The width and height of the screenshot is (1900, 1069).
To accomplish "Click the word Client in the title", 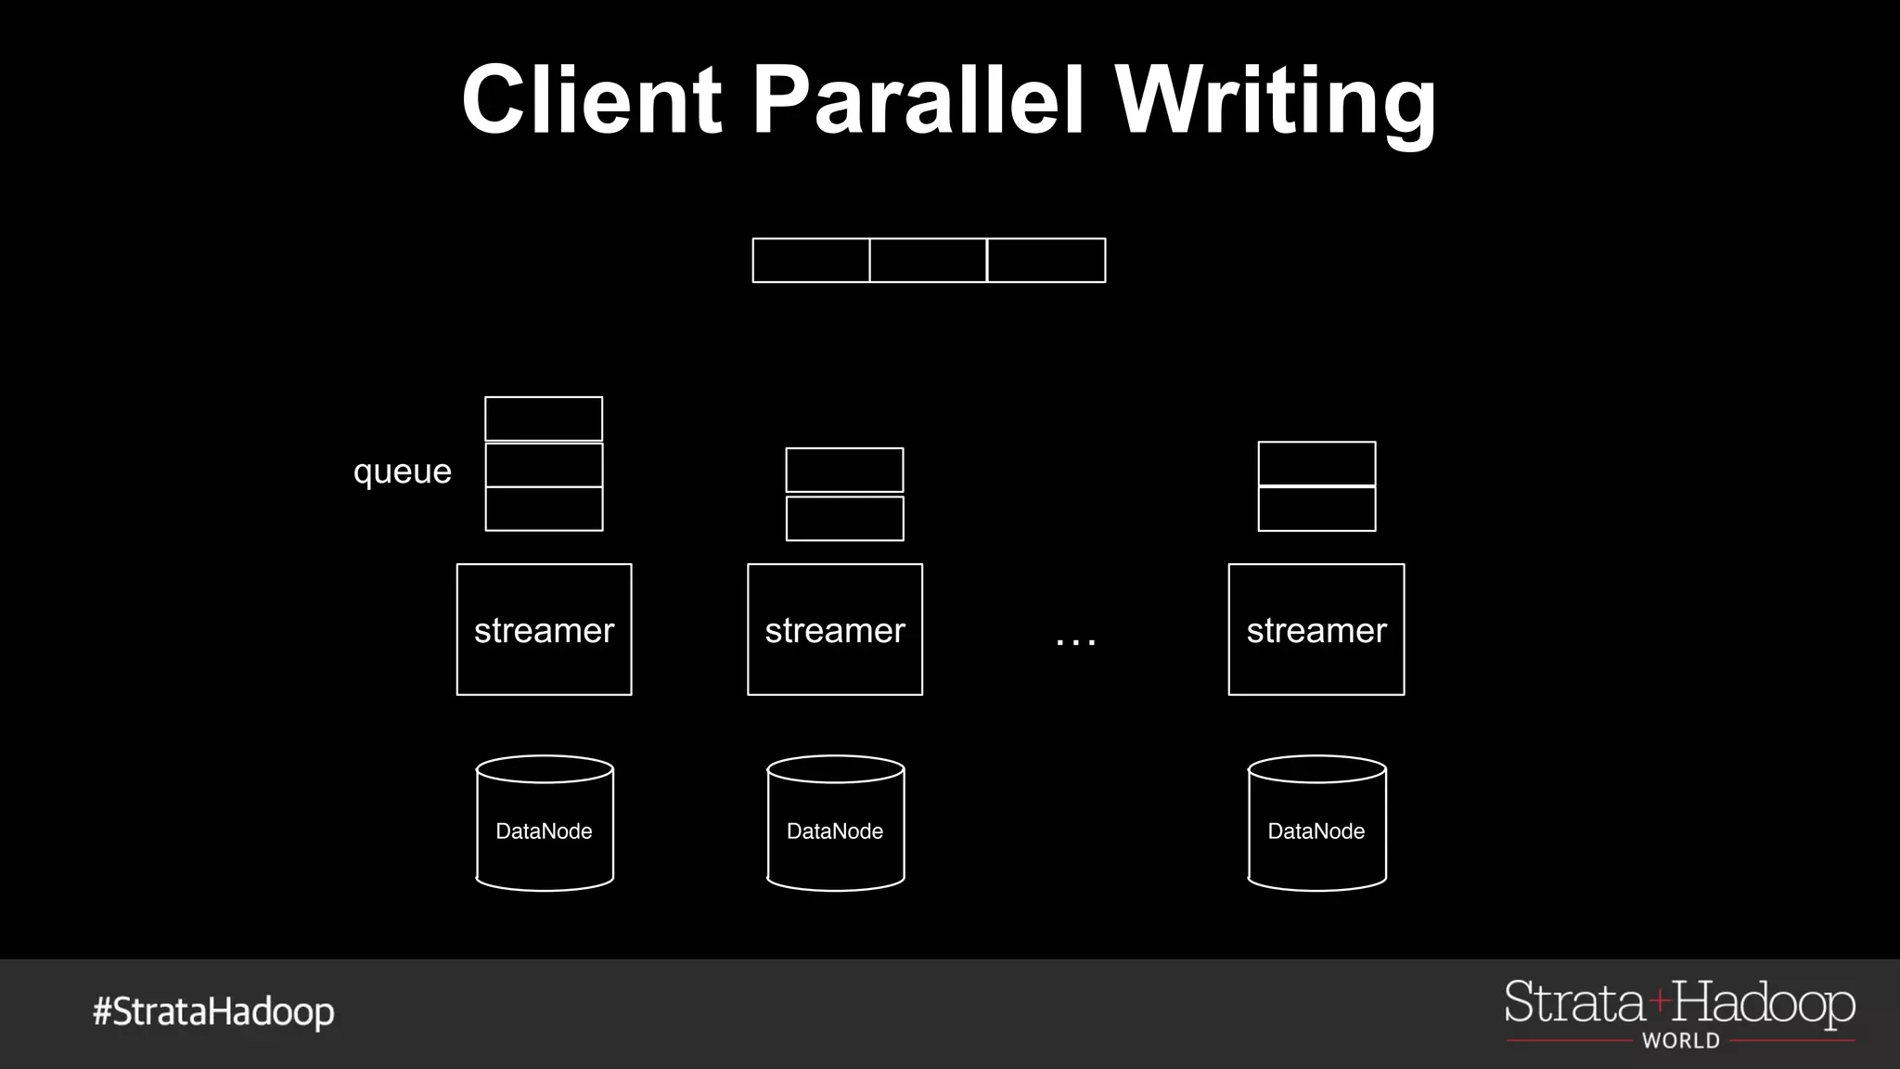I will coord(591,99).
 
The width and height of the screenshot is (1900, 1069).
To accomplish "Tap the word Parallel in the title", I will coord(918,99).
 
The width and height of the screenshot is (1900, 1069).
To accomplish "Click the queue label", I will coord(402,471).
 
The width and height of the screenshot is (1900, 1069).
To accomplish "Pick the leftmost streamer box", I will coord(544,629).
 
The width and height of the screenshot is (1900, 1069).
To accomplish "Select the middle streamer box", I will coord(835,629).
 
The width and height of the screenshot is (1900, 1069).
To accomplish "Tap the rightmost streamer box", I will coord(1316,629).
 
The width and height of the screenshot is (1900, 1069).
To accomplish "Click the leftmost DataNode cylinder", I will coord(545,824).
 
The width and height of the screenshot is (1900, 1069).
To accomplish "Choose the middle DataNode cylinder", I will coord(835,824).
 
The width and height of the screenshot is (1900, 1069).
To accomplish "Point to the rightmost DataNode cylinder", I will coord(1316,824).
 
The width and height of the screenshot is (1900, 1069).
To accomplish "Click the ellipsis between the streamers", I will coord(1076,639).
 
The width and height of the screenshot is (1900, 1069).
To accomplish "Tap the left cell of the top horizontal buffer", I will coord(811,260).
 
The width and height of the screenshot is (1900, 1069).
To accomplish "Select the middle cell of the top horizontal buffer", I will coord(928,260).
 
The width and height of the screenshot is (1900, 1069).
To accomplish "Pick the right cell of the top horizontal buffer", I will coord(1046,260).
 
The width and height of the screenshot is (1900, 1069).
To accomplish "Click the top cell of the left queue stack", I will coord(544,419).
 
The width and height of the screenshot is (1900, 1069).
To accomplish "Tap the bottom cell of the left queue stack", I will coord(544,509).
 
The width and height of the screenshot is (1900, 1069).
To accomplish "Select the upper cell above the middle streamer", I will coord(844,470).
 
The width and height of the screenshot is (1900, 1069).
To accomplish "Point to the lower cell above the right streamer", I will coord(1316,509).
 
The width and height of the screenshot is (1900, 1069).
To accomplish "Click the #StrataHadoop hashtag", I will coord(213,1011).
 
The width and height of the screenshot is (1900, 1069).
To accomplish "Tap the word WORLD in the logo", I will coord(1680,1041).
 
